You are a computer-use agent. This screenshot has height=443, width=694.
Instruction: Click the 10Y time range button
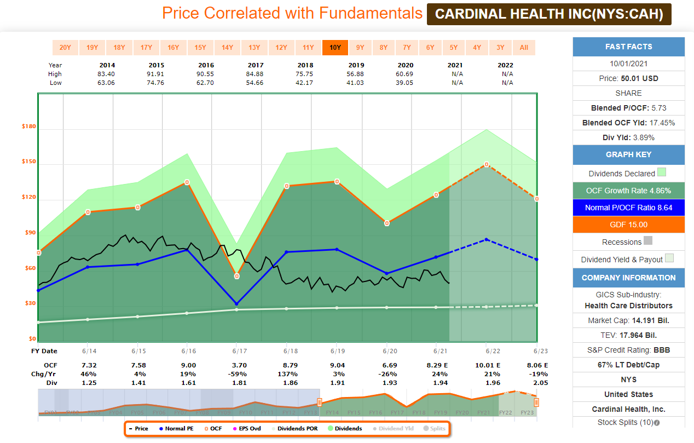pyautogui.click(x=335, y=48)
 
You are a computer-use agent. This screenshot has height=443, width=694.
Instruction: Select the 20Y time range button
pyautogui.click(x=65, y=48)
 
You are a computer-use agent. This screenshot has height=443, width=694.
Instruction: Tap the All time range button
pyautogui.click(x=524, y=48)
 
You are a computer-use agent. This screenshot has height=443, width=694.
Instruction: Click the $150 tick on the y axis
pyautogui.click(x=28, y=162)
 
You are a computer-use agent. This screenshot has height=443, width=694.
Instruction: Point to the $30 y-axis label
pyautogui.click(x=28, y=303)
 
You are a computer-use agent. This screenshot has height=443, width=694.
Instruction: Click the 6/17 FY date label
pyautogui.click(x=237, y=351)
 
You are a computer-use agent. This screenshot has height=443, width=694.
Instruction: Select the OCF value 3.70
pyautogui.click(x=237, y=365)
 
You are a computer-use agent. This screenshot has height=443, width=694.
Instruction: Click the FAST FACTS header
pyautogui.click(x=628, y=47)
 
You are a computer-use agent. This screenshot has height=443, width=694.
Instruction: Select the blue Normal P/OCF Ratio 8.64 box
pyautogui.click(x=628, y=208)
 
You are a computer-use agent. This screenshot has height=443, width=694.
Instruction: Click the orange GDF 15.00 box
pyautogui.click(x=628, y=225)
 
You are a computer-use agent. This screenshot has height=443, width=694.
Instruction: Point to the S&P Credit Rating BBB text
pyautogui.click(x=628, y=350)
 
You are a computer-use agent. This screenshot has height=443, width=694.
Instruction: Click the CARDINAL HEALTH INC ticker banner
pyautogui.click(x=549, y=14)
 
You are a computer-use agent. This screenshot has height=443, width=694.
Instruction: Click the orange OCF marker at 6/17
pyautogui.click(x=237, y=276)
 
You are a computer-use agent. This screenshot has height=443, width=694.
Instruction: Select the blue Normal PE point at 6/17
pyautogui.click(x=237, y=303)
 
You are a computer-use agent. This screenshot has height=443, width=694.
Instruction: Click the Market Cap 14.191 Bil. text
pyautogui.click(x=628, y=320)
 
